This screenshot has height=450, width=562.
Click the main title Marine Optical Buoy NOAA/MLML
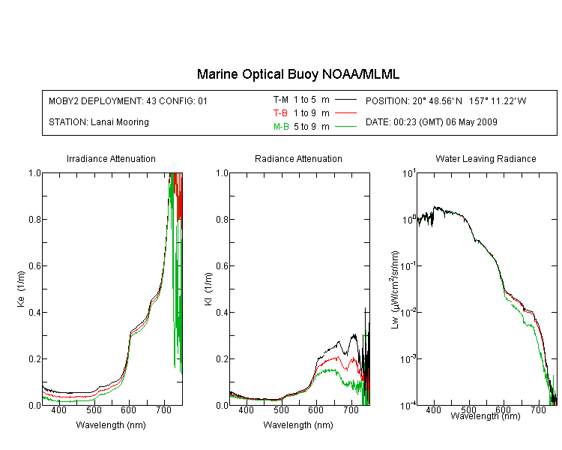point(297,74)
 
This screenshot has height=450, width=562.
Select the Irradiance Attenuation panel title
point(111,158)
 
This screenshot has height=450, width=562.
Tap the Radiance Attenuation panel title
point(298,158)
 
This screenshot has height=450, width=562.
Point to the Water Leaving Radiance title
point(486,158)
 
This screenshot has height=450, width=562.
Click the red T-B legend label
point(280,113)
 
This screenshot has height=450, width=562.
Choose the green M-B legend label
point(281,127)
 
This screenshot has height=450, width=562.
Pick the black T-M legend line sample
point(345,100)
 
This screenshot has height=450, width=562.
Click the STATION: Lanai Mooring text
point(99,122)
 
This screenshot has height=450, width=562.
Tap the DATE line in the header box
point(431,122)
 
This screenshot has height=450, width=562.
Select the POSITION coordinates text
point(446,100)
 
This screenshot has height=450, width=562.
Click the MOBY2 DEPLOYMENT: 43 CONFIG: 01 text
point(128,100)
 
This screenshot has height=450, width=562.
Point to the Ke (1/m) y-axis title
point(21,289)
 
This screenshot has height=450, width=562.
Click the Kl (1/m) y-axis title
point(208,289)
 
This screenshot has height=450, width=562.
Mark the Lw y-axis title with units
point(395,289)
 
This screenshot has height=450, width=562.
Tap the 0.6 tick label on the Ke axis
point(34,266)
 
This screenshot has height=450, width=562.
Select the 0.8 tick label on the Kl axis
point(223,219)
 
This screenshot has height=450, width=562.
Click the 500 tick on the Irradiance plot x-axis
point(94,409)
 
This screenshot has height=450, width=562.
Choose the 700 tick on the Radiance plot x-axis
point(351,409)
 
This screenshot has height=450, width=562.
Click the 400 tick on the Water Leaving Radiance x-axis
point(433,409)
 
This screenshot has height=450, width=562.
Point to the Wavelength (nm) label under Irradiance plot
point(111,425)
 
